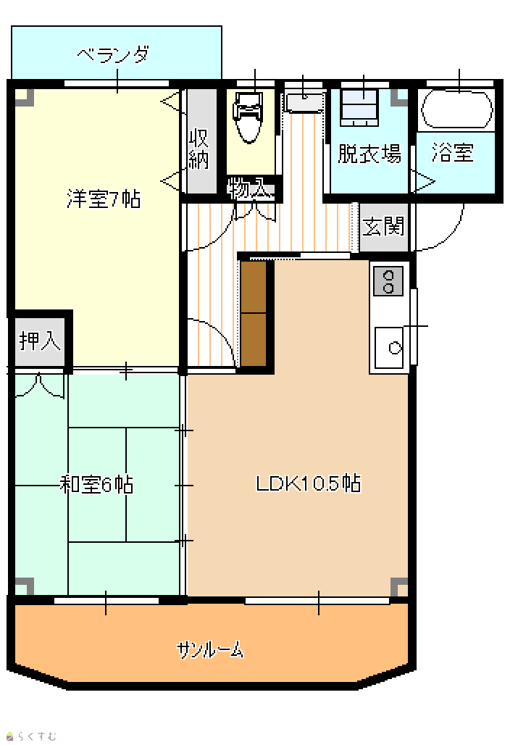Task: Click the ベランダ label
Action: [x=114, y=55]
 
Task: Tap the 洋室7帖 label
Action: [x=104, y=199]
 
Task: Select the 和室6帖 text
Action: [x=96, y=485]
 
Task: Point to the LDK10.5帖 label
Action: [x=309, y=483]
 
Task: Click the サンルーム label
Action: [x=210, y=649]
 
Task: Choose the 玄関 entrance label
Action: [x=383, y=226]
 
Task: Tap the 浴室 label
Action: [x=453, y=152]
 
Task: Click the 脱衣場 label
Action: [x=369, y=154]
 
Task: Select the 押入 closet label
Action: [x=40, y=340]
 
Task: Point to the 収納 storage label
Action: [x=199, y=149]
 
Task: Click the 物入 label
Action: [x=247, y=189]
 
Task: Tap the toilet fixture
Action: [x=248, y=117]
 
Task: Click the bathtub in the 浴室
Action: [x=457, y=109]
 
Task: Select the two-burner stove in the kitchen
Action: [x=388, y=280]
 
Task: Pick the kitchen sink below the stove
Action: [x=389, y=347]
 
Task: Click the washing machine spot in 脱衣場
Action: [x=359, y=107]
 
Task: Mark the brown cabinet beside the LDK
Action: [x=254, y=314]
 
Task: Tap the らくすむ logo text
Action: [x=31, y=736]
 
